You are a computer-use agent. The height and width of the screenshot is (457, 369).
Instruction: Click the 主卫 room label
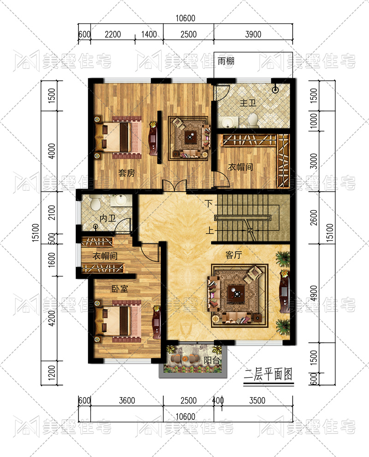pyautogui.click(x=248, y=103)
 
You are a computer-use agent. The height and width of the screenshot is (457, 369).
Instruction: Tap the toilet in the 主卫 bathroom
pyautogui.click(x=253, y=120)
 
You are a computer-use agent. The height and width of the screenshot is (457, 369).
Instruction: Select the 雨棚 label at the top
pyautogui.click(x=226, y=61)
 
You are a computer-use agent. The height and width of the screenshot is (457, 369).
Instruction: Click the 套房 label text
pyautogui.click(x=126, y=173)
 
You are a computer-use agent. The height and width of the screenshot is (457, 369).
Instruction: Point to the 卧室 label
pyautogui.click(x=120, y=288)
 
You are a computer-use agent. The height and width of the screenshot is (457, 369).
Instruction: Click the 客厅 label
pyautogui.click(x=234, y=255)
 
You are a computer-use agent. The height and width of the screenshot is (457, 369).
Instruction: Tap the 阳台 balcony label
pyautogui.click(x=212, y=360)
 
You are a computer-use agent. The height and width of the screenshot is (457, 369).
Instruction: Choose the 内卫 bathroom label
pyautogui.click(x=107, y=218)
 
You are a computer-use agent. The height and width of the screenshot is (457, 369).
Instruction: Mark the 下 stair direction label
pyautogui.click(x=208, y=203)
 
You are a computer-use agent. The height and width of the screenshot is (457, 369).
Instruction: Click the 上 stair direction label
pyautogui.click(x=209, y=230)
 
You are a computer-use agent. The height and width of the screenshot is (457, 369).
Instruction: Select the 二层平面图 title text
pyautogui.click(x=268, y=374)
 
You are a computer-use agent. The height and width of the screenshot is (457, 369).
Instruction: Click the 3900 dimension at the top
pyautogui.click(x=253, y=35)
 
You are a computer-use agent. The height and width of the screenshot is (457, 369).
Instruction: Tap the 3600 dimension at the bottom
pyautogui.click(x=127, y=400)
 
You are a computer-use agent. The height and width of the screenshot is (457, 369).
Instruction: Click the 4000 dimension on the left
pyautogui.click(x=52, y=151)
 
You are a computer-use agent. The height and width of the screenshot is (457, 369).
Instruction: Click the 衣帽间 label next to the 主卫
pyautogui.click(x=240, y=167)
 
